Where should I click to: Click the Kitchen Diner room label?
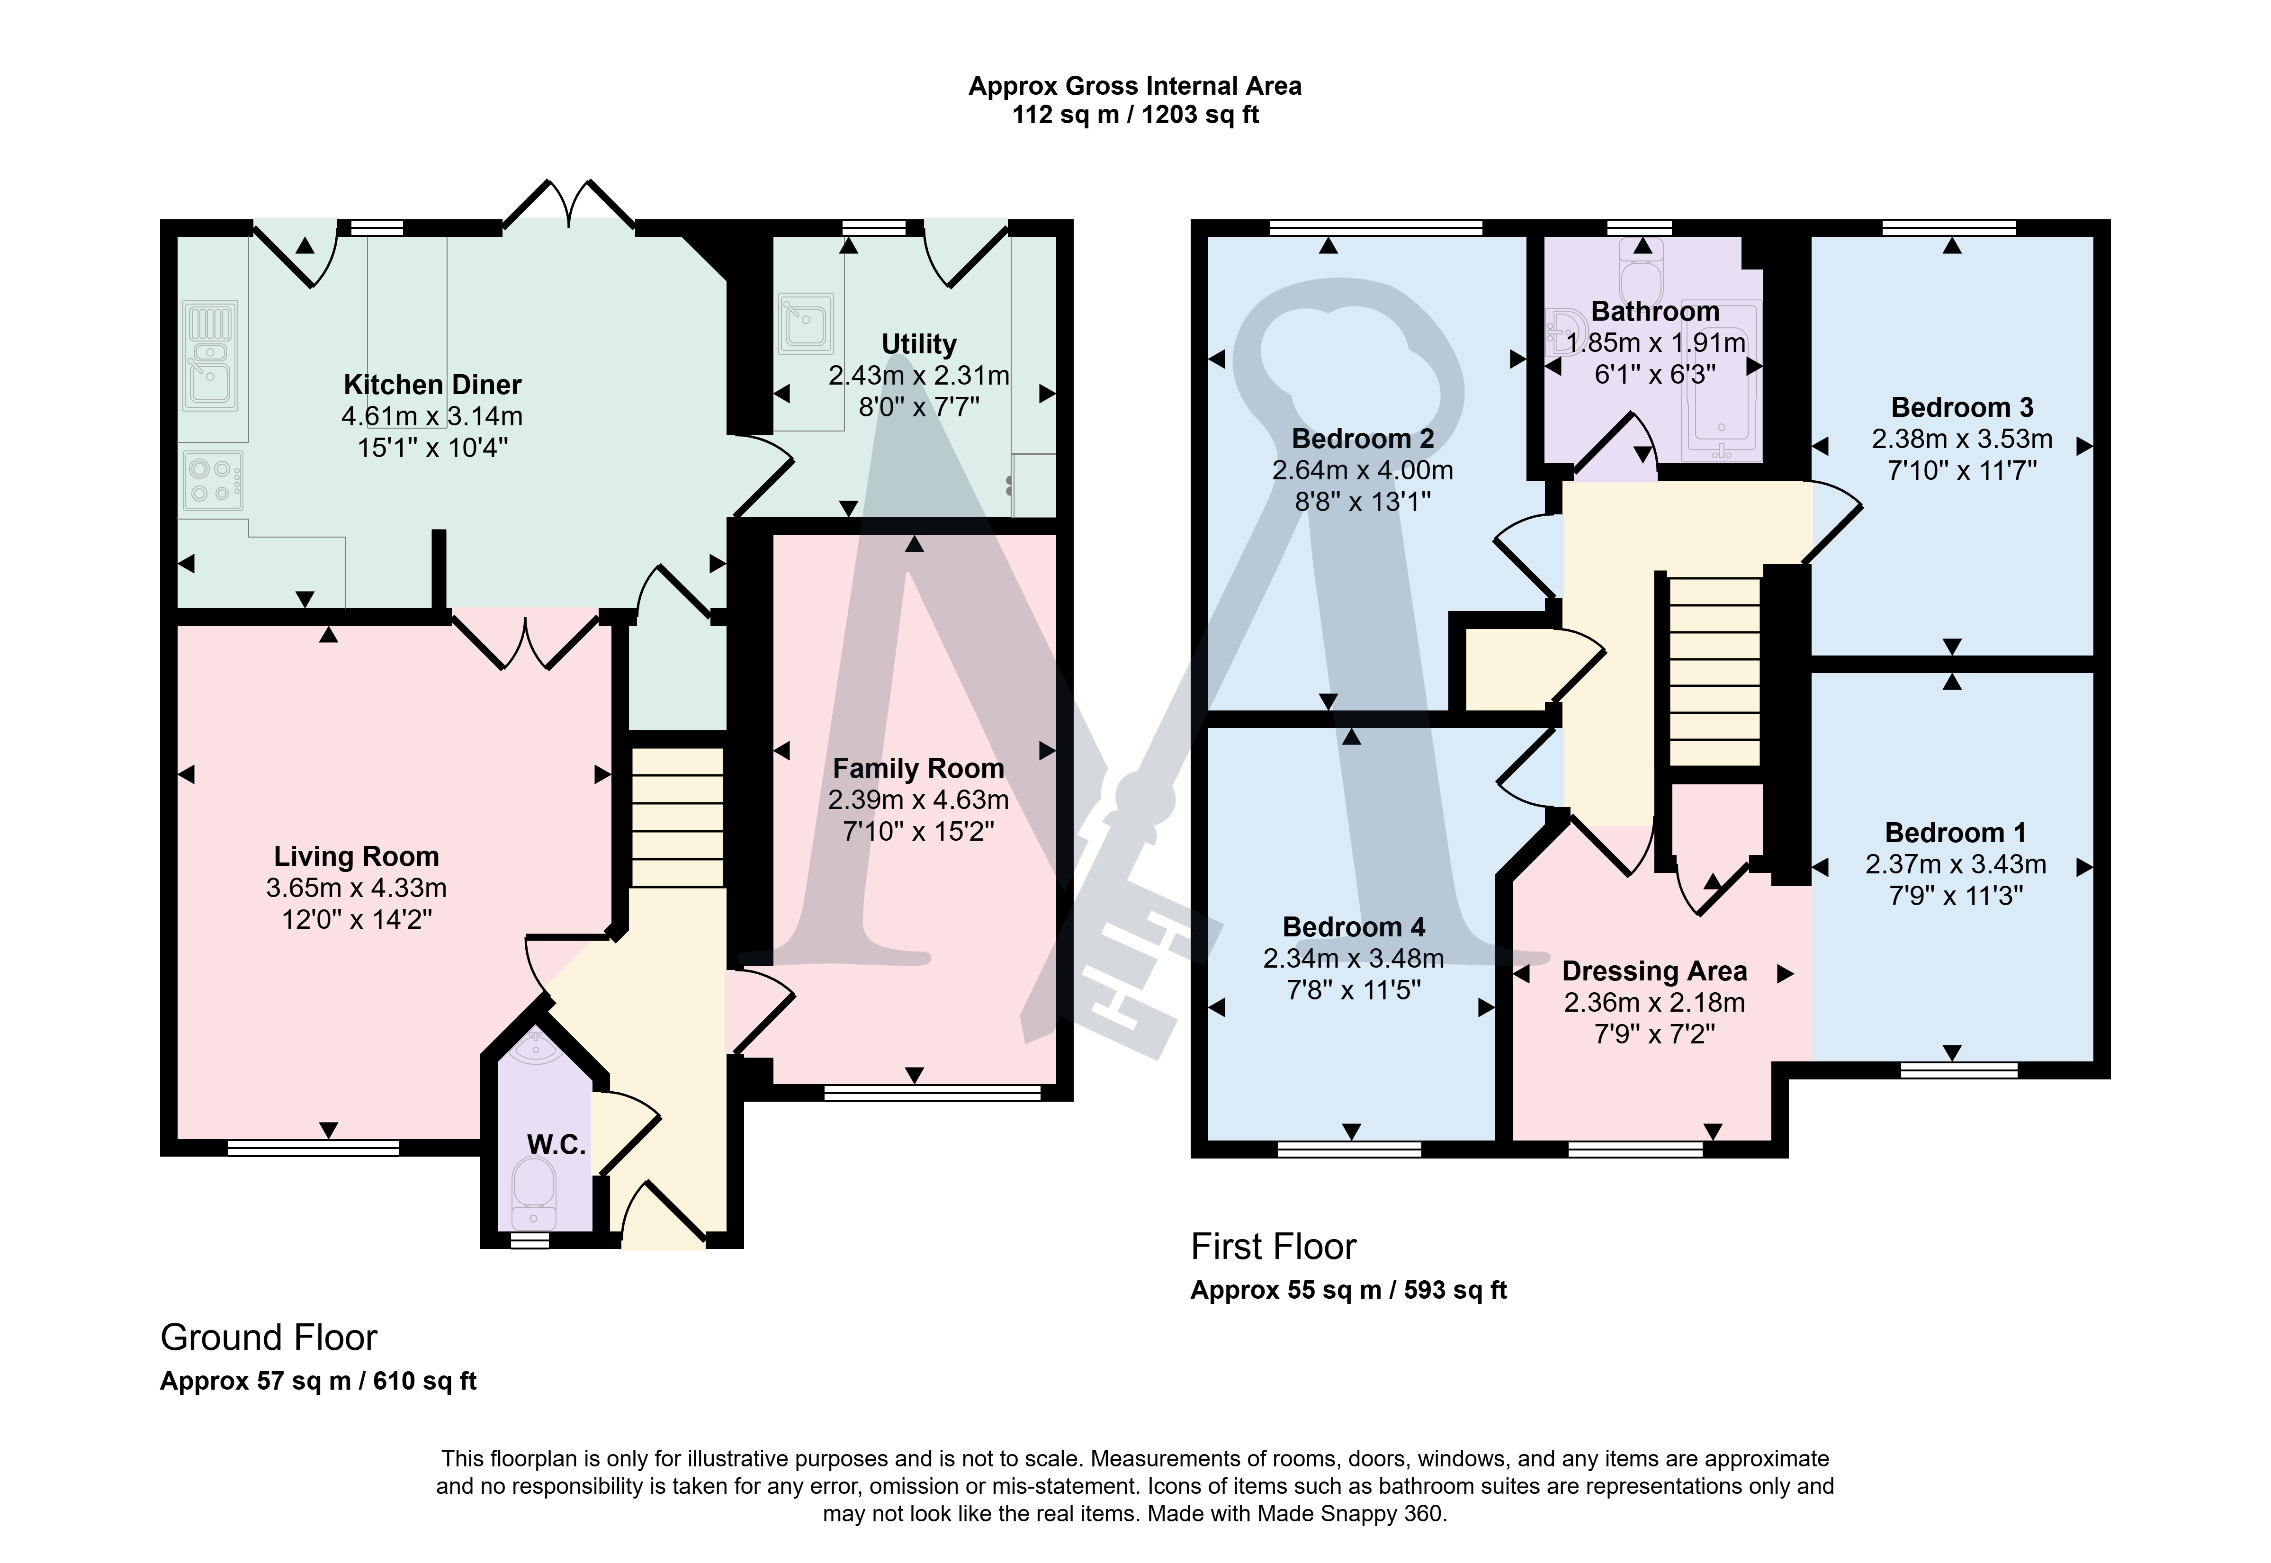pyautogui.click(x=432, y=385)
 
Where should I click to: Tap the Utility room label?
pyautogui.click(x=919, y=345)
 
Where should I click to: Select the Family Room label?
pyautogui.click(x=919, y=769)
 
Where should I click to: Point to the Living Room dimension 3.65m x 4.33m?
pyautogui.click(x=357, y=888)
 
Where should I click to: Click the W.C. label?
pyautogui.click(x=556, y=1145)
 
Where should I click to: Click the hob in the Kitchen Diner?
pyautogui.click(x=212, y=480)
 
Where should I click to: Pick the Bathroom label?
pyautogui.click(x=1655, y=312)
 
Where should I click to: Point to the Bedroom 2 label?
pyautogui.click(x=1362, y=439)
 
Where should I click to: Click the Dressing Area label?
pyautogui.click(x=1654, y=971)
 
